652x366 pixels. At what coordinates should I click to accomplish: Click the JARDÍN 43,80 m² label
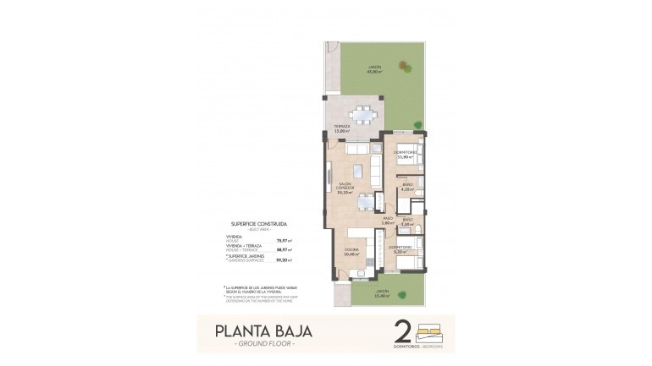[373, 68]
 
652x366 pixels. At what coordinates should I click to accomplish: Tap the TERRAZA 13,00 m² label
[342, 128]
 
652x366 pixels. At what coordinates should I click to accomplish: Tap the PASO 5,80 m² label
[388, 221]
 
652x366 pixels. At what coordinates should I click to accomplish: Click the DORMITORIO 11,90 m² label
[407, 155]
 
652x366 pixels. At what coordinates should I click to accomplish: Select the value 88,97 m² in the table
[284, 249]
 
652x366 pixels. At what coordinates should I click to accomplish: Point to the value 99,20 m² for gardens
[284, 259]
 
